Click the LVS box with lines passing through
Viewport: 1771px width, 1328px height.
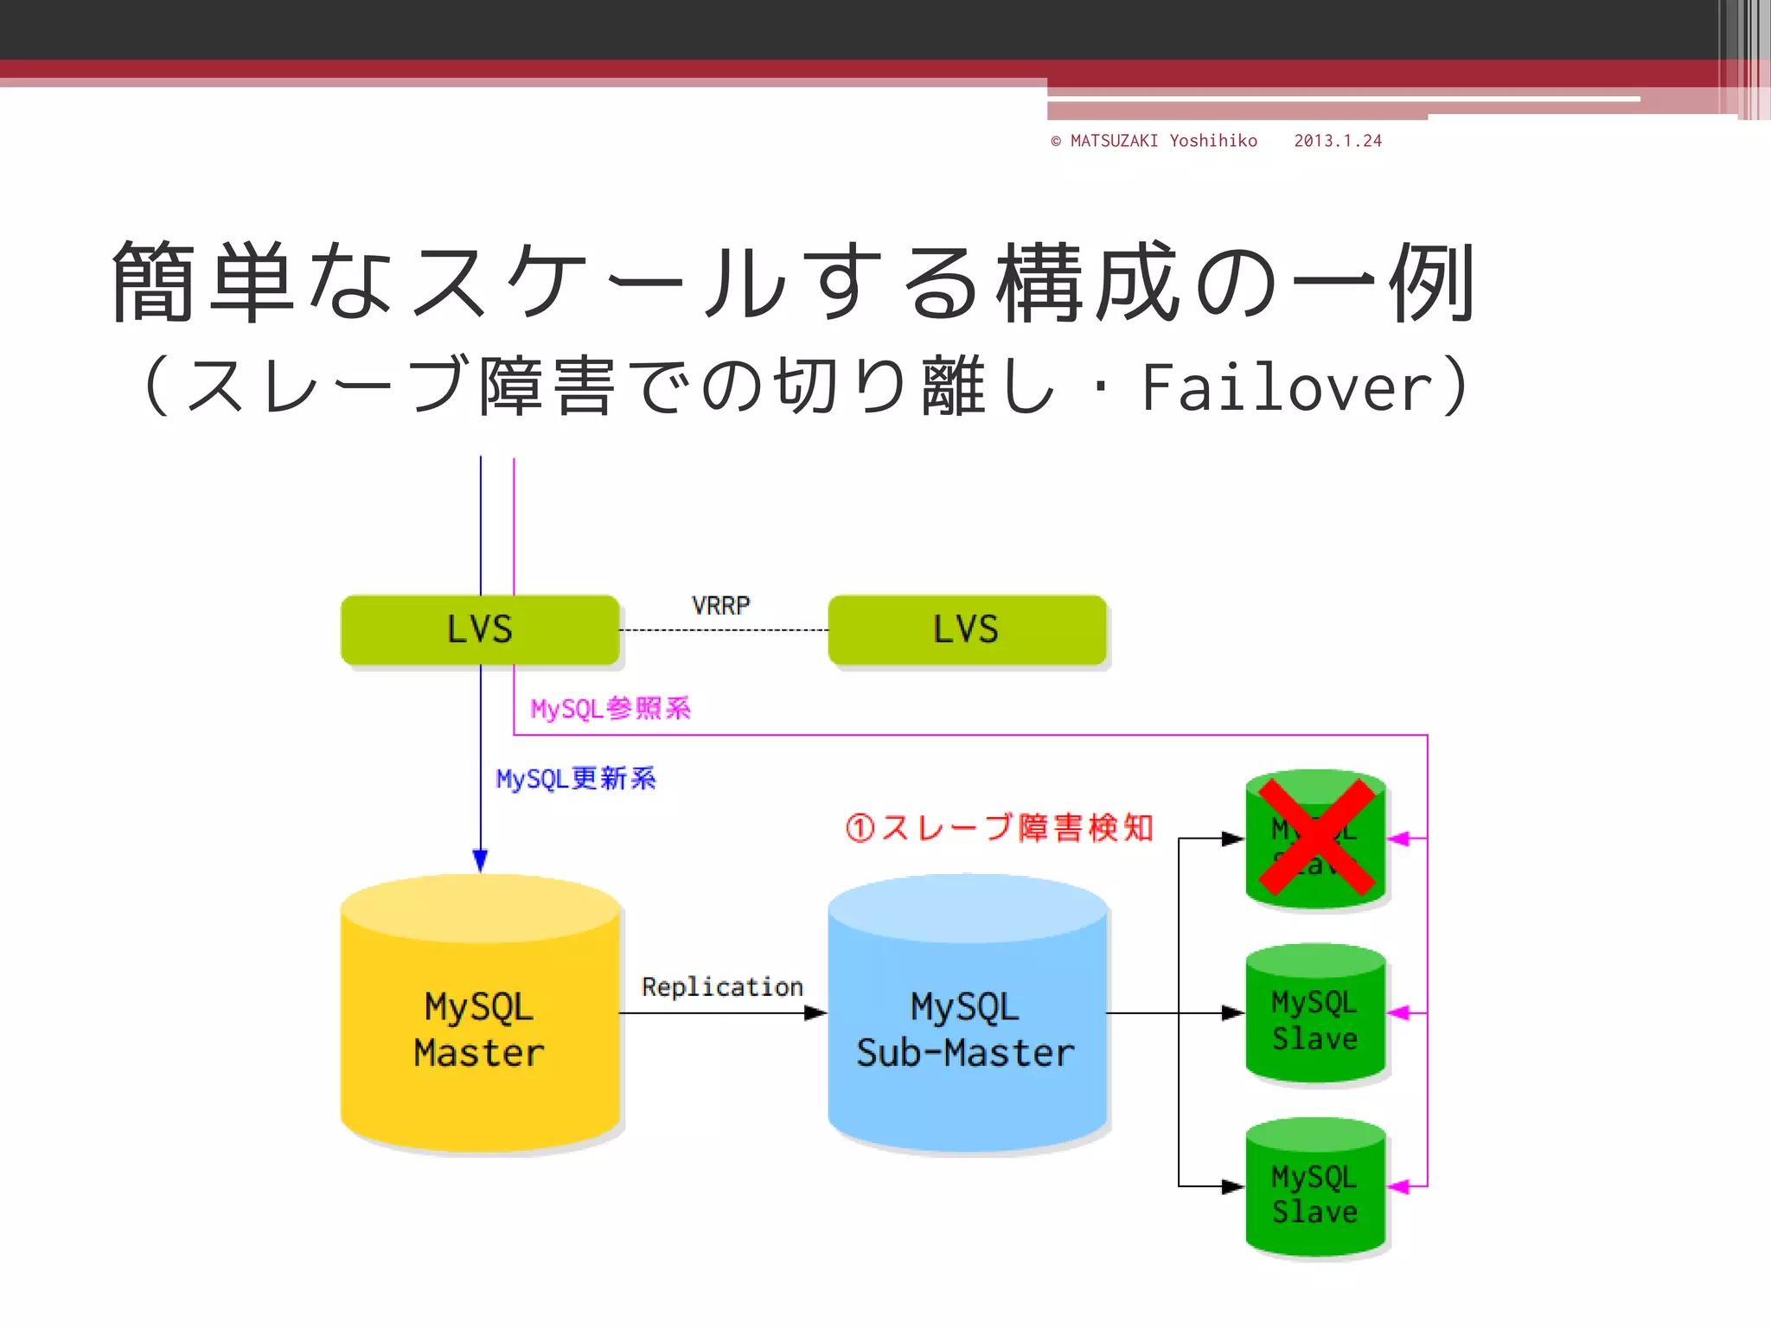click(480, 629)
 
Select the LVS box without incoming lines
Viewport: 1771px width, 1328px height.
click(967, 629)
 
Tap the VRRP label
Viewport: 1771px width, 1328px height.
click(720, 605)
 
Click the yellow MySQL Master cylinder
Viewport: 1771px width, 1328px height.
click(480, 1029)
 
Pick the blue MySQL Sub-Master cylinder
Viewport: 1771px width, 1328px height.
click(967, 1029)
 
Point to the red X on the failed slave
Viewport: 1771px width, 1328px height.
click(1315, 837)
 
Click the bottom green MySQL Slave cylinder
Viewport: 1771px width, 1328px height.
click(1315, 1193)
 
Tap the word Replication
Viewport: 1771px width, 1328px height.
click(722, 986)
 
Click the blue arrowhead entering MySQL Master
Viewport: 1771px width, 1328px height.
click(480, 861)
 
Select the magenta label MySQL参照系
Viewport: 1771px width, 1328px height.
click(611, 709)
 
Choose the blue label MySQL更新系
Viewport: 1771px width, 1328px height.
click(576, 779)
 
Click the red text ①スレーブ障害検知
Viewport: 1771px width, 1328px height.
click(1000, 828)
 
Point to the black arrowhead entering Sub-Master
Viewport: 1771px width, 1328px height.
click(815, 1012)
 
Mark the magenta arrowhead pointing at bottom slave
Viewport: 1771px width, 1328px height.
click(1398, 1186)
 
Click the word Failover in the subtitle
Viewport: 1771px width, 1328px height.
click(1288, 387)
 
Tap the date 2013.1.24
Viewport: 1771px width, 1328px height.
click(1338, 141)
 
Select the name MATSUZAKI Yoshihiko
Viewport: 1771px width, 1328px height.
click(1163, 141)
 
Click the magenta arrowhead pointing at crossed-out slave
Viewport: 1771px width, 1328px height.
click(1398, 839)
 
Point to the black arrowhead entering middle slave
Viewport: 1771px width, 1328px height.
click(1233, 1012)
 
